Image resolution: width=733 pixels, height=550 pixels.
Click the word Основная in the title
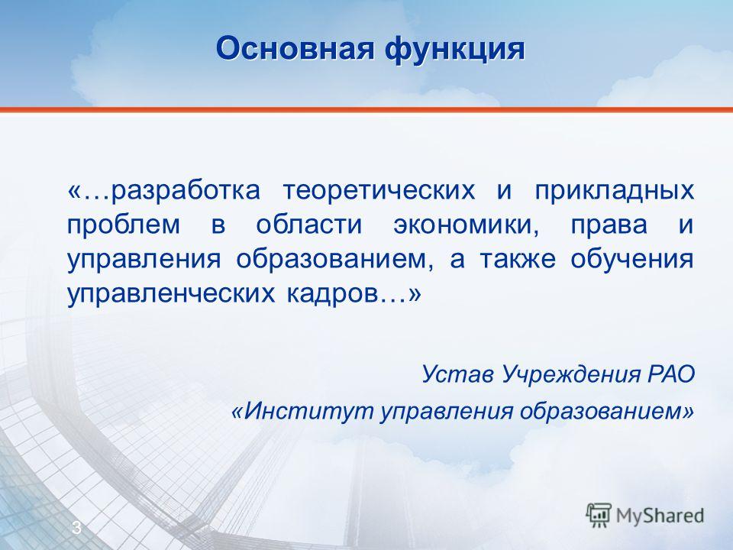pyautogui.click(x=295, y=48)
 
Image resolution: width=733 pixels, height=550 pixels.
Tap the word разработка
pyautogui.click(x=186, y=191)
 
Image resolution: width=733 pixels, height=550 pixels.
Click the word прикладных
pyautogui.click(x=614, y=191)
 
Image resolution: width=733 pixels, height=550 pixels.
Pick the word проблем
pyautogui.click(x=124, y=225)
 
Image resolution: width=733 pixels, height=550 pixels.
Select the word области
pyautogui.click(x=309, y=225)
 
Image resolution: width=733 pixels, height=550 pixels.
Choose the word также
pyautogui.click(x=518, y=260)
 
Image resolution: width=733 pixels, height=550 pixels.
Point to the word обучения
pyautogui.click(x=632, y=260)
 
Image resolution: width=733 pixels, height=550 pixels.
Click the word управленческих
pyautogui.click(x=171, y=294)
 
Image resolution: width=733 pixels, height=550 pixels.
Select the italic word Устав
pyautogui.click(x=457, y=374)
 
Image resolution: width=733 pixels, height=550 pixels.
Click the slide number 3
pyautogui.click(x=76, y=528)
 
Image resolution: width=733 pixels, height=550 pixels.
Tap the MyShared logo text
pyautogui.click(x=660, y=516)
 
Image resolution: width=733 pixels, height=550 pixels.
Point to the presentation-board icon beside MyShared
pyautogui.click(x=599, y=515)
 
